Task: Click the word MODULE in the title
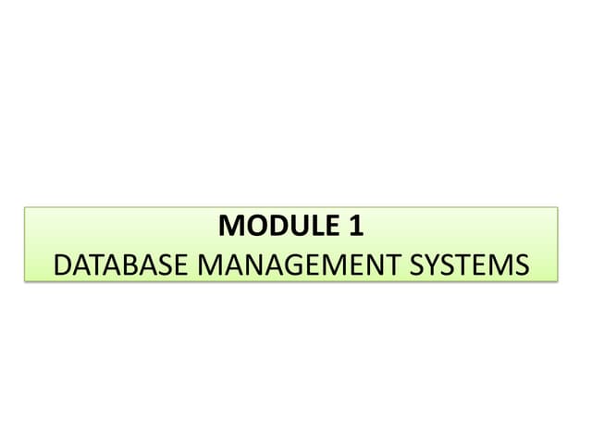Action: tap(278, 226)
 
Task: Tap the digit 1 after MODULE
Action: tap(356, 226)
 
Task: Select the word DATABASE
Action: tap(120, 265)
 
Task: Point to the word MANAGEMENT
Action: tap(300, 265)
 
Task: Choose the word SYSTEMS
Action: tap(469, 265)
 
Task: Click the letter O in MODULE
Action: tap(256, 226)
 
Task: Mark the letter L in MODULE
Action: tap(319, 226)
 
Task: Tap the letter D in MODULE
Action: tap(279, 226)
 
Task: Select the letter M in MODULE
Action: tap(230, 226)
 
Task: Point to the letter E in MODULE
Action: tap(333, 226)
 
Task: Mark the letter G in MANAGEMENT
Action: tap(296, 265)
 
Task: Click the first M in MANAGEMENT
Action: tap(209, 265)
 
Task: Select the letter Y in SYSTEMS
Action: tap(433, 265)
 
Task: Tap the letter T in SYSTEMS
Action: tap(465, 265)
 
